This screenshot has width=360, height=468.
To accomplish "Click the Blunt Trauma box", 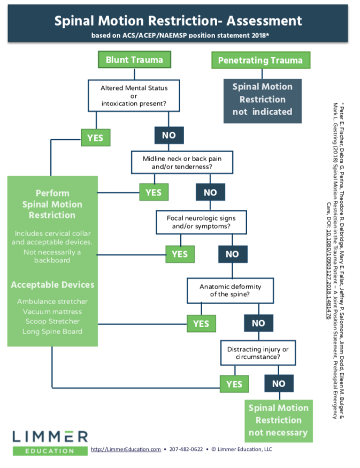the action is pos(134,59).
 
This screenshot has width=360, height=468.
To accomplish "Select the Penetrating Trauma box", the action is pos(261,60).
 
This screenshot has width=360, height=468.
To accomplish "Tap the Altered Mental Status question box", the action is pos(134,95).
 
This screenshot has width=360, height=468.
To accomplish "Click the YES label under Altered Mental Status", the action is pos(96,138).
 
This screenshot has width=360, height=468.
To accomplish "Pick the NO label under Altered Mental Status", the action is pos(169,135).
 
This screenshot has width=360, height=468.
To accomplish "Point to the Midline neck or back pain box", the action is pos(182,162).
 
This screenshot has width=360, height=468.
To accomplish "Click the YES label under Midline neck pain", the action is pos(154,192).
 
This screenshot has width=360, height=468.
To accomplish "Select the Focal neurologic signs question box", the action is pos(201,222).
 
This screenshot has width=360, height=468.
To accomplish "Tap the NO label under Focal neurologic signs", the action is pos(233,254).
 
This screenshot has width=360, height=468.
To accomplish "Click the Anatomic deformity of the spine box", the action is pos(230,290).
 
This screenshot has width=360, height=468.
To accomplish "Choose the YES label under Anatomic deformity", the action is pos(201,323).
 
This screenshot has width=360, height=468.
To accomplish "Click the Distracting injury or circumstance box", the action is pos(258,353).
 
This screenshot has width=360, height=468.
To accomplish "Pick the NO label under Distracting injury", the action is pos(279,383).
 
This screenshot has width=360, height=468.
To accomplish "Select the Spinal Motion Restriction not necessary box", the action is pos(279,421).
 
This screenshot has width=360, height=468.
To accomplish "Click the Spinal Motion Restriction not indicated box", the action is pos(263,101).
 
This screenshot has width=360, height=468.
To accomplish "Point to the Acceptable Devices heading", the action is pos(52,285).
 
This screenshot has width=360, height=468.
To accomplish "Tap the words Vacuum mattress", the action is pos(52,312).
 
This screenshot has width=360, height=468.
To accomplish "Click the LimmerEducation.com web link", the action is pos(126,449).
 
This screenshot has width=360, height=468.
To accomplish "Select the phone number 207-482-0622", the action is pos(186,449).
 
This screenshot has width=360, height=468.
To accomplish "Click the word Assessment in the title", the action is pos(264,21).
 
